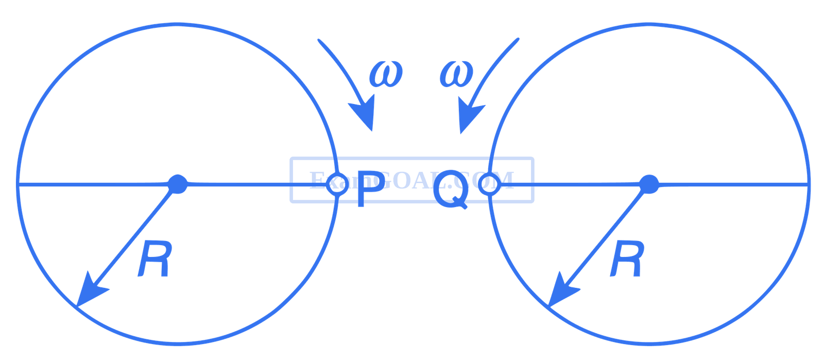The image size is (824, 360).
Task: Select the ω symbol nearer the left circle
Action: (385, 74)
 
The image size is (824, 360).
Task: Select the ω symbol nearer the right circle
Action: (456, 74)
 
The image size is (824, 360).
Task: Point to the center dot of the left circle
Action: (178, 184)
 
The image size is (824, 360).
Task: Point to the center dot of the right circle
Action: (649, 184)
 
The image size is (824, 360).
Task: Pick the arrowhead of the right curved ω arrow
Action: (470, 116)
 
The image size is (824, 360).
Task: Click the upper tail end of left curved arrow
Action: (318, 40)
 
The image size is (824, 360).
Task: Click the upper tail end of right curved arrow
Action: (518, 39)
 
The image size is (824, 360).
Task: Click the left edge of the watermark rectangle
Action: (290, 180)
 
